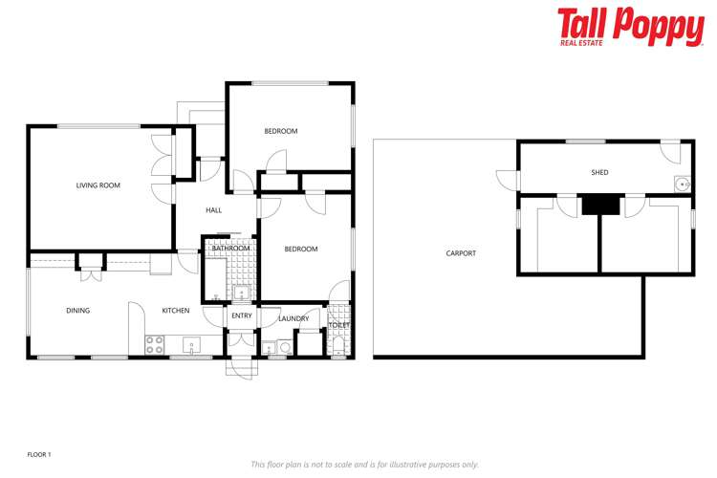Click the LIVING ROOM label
click(98, 185)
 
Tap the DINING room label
click(77, 310)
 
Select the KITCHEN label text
click(175, 310)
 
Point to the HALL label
click(213, 210)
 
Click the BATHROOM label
click(230, 249)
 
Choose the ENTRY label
click(242, 315)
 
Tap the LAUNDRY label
click(293, 318)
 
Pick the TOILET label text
click(339, 325)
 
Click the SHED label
click(599, 173)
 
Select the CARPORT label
click(461, 253)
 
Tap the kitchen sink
click(190, 345)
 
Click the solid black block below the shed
click(599, 204)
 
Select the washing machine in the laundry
click(284, 348)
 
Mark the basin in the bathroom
click(241, 293)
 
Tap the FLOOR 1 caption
click(39, 454)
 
